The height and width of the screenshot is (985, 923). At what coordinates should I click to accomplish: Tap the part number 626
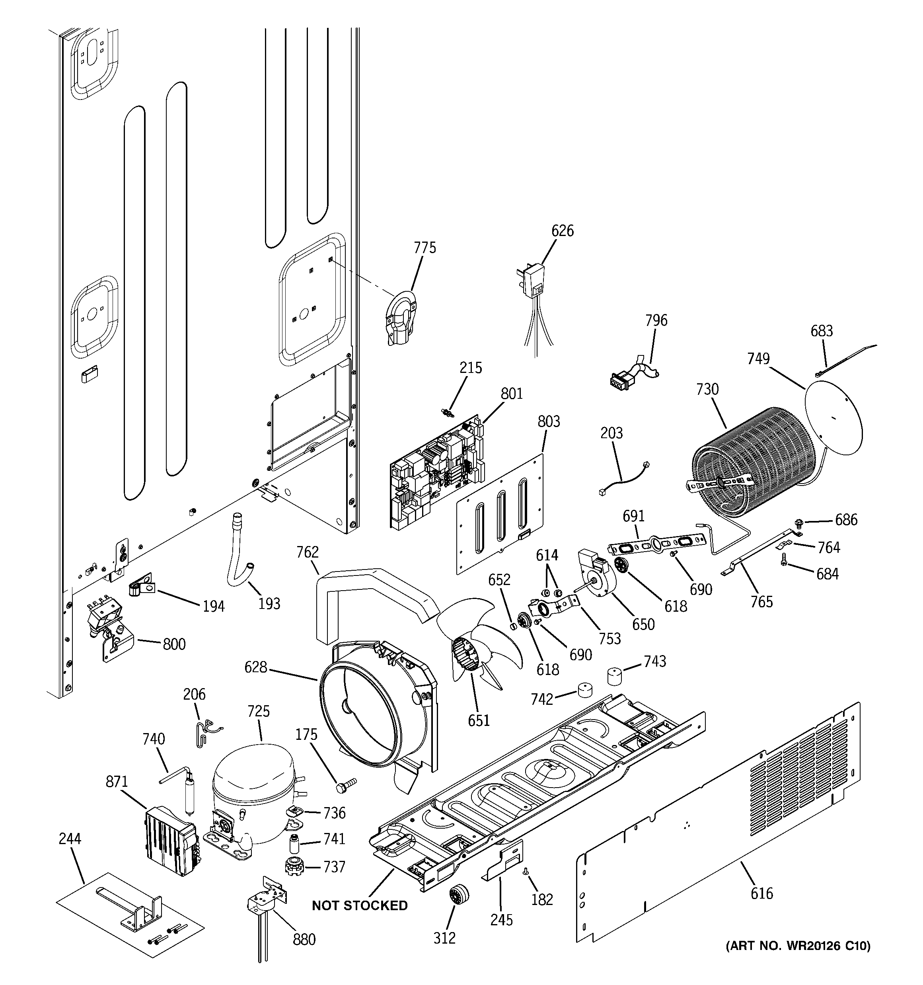coord(562,231)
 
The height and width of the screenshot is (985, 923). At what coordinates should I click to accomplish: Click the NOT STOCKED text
coord(360,906)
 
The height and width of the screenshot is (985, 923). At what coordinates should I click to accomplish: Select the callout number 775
coord(425,248)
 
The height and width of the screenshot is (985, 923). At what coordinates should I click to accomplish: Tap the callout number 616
coord(761,893)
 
